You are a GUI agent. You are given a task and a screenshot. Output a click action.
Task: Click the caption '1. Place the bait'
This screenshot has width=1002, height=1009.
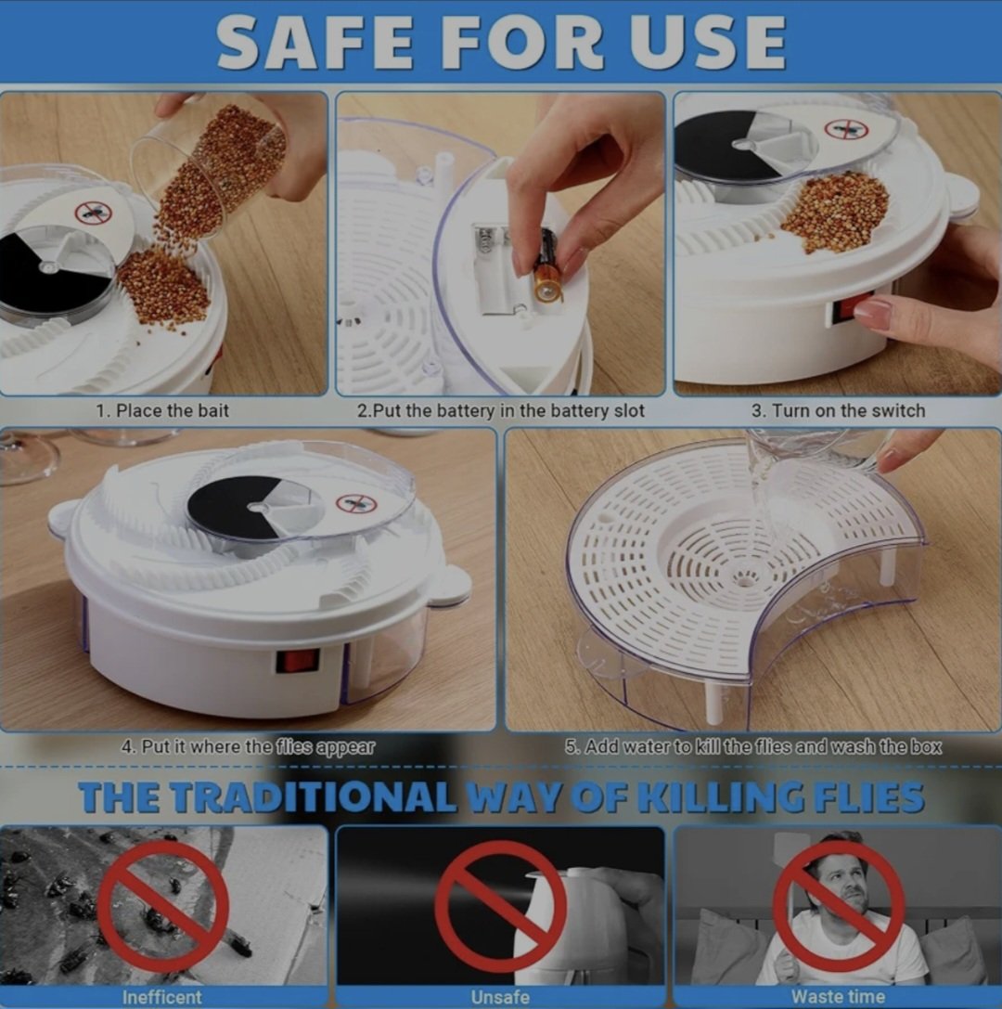[162, 410]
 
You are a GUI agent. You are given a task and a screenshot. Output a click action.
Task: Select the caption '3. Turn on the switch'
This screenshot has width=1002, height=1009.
[838, 410]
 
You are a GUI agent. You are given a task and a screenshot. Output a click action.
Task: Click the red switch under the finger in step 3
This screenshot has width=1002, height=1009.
[853, 310]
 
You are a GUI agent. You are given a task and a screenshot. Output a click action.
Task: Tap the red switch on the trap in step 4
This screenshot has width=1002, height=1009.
[297, 661]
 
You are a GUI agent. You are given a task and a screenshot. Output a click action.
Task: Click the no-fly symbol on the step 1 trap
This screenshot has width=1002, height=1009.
[94, 213]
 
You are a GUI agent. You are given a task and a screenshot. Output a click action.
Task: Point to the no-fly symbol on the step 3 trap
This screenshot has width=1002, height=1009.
[846, 129]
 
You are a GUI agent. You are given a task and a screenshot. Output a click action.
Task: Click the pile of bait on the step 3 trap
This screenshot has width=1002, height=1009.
[835, 210]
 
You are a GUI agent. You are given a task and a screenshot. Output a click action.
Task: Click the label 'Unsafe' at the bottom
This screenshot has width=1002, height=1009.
[500, 997]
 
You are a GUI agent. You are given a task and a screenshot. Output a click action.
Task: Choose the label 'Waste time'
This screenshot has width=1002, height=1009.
[838, 997]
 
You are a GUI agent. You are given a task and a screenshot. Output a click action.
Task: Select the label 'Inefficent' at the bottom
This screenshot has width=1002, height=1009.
[162, 997]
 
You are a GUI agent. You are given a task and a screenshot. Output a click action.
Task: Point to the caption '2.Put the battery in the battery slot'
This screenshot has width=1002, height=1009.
[500, 410]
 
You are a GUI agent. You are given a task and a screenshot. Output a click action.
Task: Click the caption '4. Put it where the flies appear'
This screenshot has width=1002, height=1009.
[248, 747]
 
